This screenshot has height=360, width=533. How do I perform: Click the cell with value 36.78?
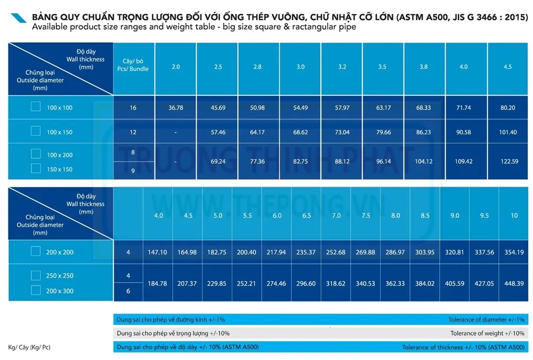click(x=176, y=108)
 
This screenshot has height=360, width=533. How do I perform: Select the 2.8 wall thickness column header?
click(x=259, y=67)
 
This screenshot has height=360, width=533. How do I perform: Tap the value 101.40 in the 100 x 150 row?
click(x=506, y=132)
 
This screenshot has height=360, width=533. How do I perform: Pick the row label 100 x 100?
click(x=60, y=108)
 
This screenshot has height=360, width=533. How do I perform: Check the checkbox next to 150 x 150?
click(x=36, y=169)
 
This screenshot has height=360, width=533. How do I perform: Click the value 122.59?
click(x=506, y=161)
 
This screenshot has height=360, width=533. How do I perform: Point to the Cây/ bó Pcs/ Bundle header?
click(x=133, y=66)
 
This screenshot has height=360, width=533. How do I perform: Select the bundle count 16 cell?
click(x=133, y=108)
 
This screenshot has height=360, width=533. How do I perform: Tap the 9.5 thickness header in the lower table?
click(x=484, y=215)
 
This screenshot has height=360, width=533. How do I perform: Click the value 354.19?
click(x=514, y=252)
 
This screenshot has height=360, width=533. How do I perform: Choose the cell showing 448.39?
click(x=514, y=284)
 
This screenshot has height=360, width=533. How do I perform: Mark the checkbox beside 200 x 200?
click(x=36, y=251)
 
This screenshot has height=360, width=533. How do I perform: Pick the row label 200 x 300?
click(x=60, y=291)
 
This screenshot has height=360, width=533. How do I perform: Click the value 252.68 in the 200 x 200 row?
click(x=336, y=252)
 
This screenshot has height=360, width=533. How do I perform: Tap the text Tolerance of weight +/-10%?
click(x=487, y=333)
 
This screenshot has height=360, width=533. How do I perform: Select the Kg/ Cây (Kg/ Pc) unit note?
click(x=29, y=348)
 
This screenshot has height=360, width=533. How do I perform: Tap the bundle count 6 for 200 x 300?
click(x=128, y=291)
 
